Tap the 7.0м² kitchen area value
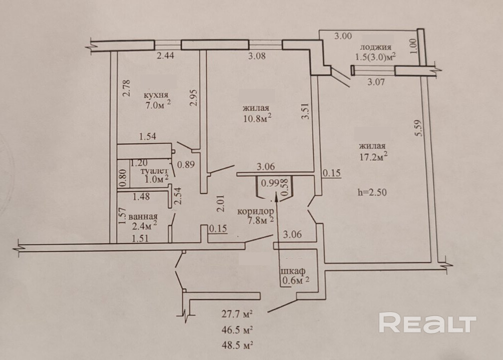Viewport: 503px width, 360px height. pyautogui.click(x=158, y=105)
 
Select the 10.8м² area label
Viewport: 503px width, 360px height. pyautogui.click(x=257, y=118)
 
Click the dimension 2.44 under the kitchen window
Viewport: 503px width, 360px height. pyautogui.click(x=166, y=56)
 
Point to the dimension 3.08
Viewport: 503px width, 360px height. pyautogui.click(x=258, y=56)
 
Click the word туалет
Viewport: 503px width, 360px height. pyautogui.click(x=153, y=171)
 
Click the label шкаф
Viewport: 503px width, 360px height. pyautogui.click(x=293, y=271)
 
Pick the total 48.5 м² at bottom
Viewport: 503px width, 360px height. pyautogui.click(x=236, y=345)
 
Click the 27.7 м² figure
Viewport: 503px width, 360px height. pyautogui.click(x=236, y=315)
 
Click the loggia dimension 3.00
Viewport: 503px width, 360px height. pyautogui.click(x=343, y=36)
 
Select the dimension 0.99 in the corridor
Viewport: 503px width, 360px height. pyautogui.click(x=270, y=182)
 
